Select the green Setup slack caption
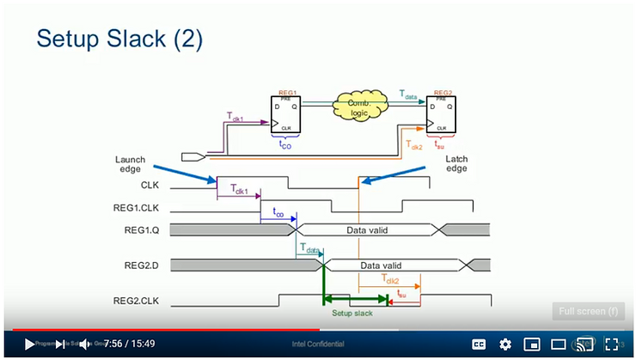tap(352, 314)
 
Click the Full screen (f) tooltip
tap(588, 311)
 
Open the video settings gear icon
tap(505, 344)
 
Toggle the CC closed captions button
tap(479, 344)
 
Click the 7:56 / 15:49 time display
tap(129, 344)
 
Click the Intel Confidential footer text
tap(317, 344)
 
